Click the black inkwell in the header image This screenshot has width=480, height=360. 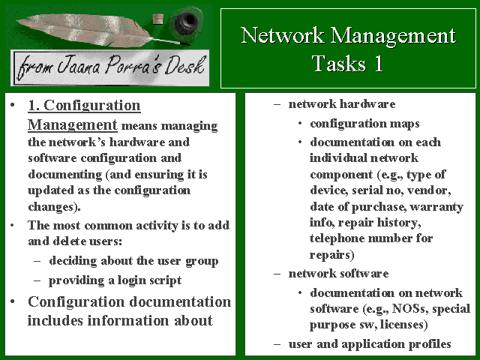tap(186, 22)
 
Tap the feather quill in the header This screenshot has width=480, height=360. tap(91, 30)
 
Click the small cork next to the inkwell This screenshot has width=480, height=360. tap(158, 19)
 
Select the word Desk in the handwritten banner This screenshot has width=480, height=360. tap(184, 66)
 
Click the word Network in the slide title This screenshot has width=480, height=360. tap(283, 35)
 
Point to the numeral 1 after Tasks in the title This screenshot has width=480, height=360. tap(379, 63)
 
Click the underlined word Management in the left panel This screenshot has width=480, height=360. tap(73, 125)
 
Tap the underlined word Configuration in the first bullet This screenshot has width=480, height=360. tap(92, 106)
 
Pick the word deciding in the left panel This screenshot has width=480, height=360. tap(73, 260)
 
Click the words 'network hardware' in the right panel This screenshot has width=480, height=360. tap(342, 104)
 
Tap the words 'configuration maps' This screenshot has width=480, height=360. tap(364, 124)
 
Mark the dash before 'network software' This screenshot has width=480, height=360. tap(277, 274)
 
